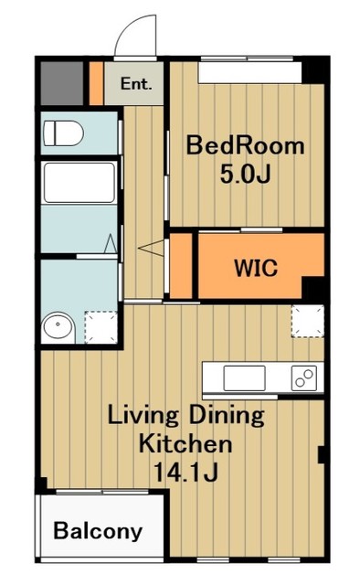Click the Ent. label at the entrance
pyautogui.click(x=136, y=83)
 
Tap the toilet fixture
pyautogui.click(x=63, y=133)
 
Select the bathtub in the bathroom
pyautogui.click(x=79, y=183)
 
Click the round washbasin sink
pyautogui.click(x=58, y=327)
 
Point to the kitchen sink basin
pyautogui.click(x=244, y=378)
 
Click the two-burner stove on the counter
pyautogui.click(x=304, y=378)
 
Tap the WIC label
pyautogui.click(x=256, y=268)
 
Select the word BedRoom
pyautogui.click(x=246, y=145)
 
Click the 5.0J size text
pyautogui.click(x=245, y=174)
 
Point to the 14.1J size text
pyautogui.click(x=185, y=472)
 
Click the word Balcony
pyautogui.click(x=98, y=531)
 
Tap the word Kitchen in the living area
pyautogui.click(x=185, y=443)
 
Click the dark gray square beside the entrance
pyautogui.click(x=61, y=83)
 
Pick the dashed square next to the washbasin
pyautogui.click(x=101, y=327)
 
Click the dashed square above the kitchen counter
pyautogui.click(x=308, y=321)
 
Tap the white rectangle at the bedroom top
pyautogui.click(x=249, y=72)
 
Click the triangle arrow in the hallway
pyautogui.click(x=151, y=248)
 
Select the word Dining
pyautogui.click(x=227, y=417)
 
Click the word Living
pyautogui.click(x=143, y=417)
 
